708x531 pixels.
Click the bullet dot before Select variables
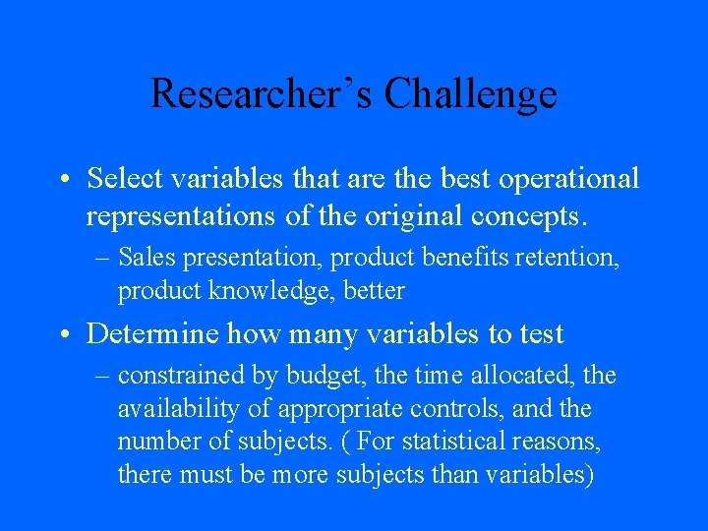(x=64, y=181)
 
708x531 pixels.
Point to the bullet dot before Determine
(x=64, y=335)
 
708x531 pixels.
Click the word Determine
(x=155, y=334)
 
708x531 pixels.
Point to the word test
(x=540, y=334)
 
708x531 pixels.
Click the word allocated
(x=514, y=376)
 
